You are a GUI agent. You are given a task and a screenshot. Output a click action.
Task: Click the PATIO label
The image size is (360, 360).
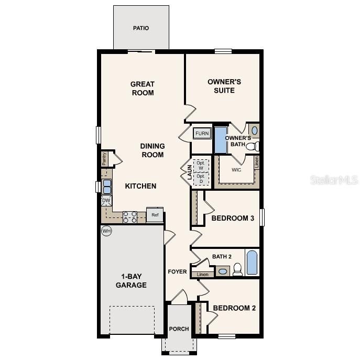[x=141, y=28]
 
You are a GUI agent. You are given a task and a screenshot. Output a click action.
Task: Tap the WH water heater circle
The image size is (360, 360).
[x=106, y=231]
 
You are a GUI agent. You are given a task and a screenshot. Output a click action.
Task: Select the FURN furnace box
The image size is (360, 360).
[x=202, y=134]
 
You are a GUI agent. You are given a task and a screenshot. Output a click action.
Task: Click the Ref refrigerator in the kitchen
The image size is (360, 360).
[x=155, y=215]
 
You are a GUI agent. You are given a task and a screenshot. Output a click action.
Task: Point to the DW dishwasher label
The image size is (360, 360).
[x=106, y=200]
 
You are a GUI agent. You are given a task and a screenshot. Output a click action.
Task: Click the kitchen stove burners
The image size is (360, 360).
[x=130, y=216]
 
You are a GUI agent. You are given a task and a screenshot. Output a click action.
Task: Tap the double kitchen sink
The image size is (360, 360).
[x=106, y=187]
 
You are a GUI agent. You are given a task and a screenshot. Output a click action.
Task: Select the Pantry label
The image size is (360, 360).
[x=104, y=159]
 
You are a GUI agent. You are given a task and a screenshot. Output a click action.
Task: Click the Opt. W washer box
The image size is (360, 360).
[x=200, y=165]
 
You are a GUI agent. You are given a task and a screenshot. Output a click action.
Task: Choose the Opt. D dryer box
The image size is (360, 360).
[x=200, y=179]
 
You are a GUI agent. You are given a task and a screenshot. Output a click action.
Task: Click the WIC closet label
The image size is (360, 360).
[x=236, y=170]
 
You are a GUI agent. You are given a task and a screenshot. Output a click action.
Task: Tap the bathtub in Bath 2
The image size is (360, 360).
[x=252, y=263]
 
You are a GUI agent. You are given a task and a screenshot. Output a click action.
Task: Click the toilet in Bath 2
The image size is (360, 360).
[x=237, y=269]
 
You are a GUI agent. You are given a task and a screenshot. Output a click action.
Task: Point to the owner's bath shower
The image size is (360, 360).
[x=220, y=139]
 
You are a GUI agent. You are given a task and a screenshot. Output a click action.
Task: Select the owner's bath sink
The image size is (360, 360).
[x=255, y=130]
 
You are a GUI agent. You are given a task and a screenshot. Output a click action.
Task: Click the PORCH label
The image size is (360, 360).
[x=179, y=329]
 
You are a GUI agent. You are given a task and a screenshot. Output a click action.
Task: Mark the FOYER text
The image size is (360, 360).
[x=177, y=271]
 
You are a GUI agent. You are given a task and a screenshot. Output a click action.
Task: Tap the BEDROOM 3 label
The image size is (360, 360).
[x=233, y=218]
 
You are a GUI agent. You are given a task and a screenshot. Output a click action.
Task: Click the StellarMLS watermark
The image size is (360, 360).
[x=334, y=180]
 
